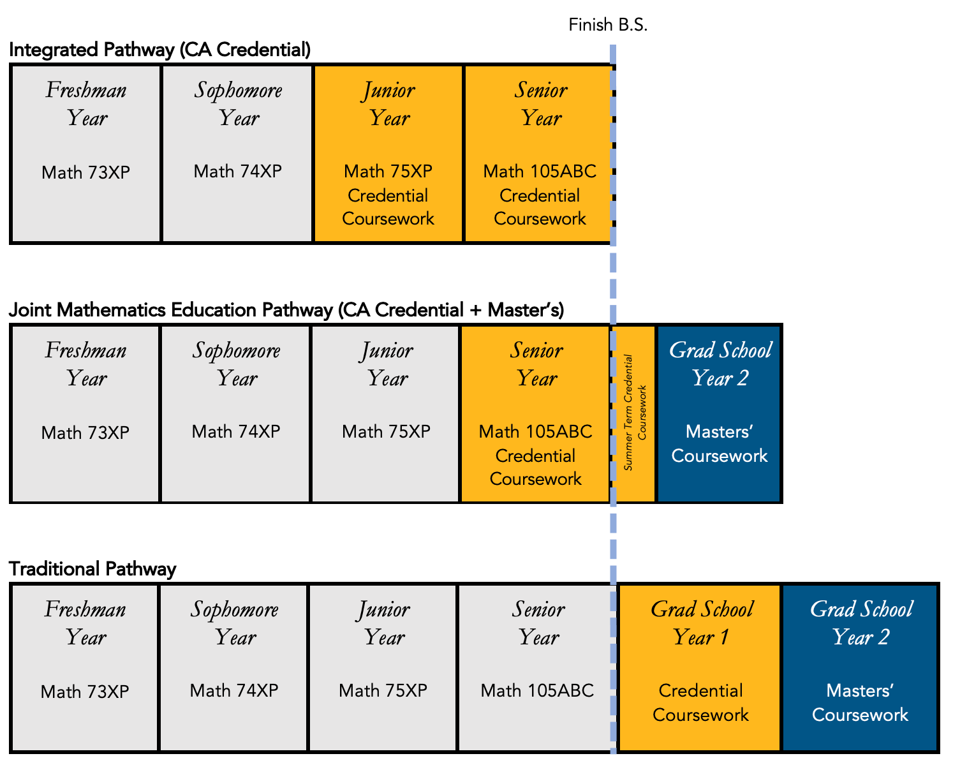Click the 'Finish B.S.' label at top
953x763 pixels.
pyautogui.click(x=607, y=25)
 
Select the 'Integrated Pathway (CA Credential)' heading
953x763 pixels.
pyautogui.click(x=160, y=50)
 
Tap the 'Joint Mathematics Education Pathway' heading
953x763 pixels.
pyautogui.click(x=286, y=310)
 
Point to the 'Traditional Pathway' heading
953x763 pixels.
pyautogui.click(x=92, y=569)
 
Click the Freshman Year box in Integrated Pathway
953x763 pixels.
pyautogui.click(x=86, y=154)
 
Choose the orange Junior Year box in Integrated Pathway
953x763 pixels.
pyautogui.click(x=388, y=154)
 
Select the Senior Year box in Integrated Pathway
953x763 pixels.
pyautogui.click(x=539, y=154)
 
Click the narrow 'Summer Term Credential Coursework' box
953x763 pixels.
pyautogui.click(x=635, y=413)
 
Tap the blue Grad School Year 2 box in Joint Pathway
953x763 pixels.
pyautogui.click(x=719, y=413)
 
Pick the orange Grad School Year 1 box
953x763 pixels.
pyautogui.click(x=700, y=667)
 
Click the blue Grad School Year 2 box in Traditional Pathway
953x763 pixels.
pyautogui.click(x=860, y=667)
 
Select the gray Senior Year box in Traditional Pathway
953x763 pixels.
pyautogui.click(x=538, y=667)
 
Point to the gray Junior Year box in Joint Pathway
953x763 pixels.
pyautogui.click(x=385, y=413)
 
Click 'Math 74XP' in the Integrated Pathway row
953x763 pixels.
pyautogui.click(x=237, y=172)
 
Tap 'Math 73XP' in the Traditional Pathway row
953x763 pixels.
pyautogui.click(x=85, y=692)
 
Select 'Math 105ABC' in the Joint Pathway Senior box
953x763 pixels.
pyautogui.click(x=535, y=432)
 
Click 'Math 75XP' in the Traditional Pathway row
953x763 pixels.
pyautogui.click(x=383, y=691)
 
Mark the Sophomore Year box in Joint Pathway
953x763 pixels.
pyautogui.click(x=235, y=413)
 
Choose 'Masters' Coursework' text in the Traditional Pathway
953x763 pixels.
pyautogui.click(x=860, y=702)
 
